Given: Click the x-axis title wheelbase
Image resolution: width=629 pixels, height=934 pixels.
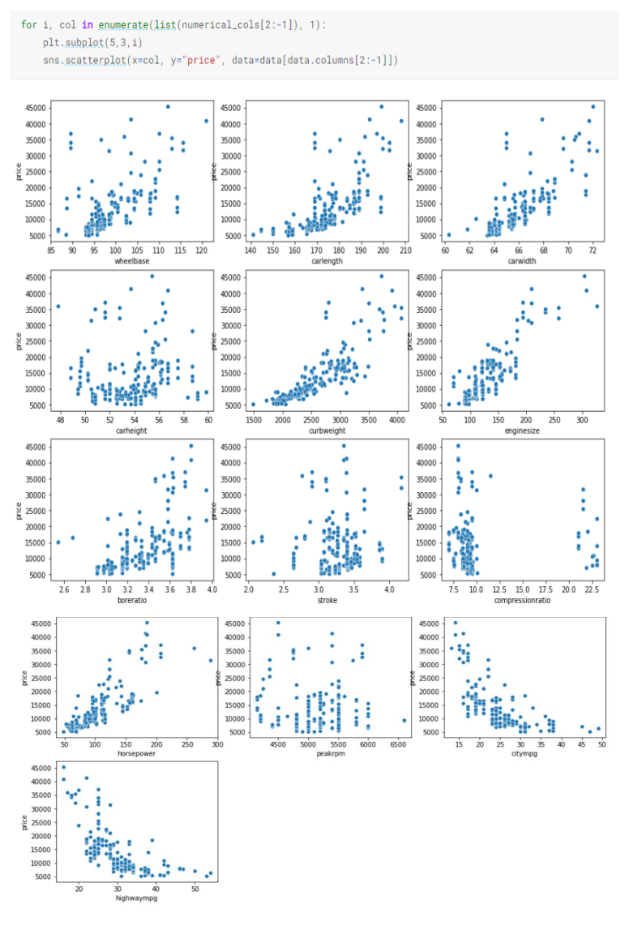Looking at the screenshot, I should coord(131,261).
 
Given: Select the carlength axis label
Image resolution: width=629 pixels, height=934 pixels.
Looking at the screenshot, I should coord(327,261).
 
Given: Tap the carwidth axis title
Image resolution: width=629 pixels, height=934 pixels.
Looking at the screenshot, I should coord(523,261).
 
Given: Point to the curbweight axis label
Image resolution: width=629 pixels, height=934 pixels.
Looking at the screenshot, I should coord(327,431).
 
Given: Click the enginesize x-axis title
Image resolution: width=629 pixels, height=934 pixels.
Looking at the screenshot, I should coord(523,431).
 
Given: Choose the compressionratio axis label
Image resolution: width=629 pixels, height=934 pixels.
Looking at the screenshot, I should coord(523,600).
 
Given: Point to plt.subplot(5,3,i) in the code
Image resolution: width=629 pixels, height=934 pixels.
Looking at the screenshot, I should coord(91,43).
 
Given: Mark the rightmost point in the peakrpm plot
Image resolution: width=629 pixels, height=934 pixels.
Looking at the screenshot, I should coord(404,720).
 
